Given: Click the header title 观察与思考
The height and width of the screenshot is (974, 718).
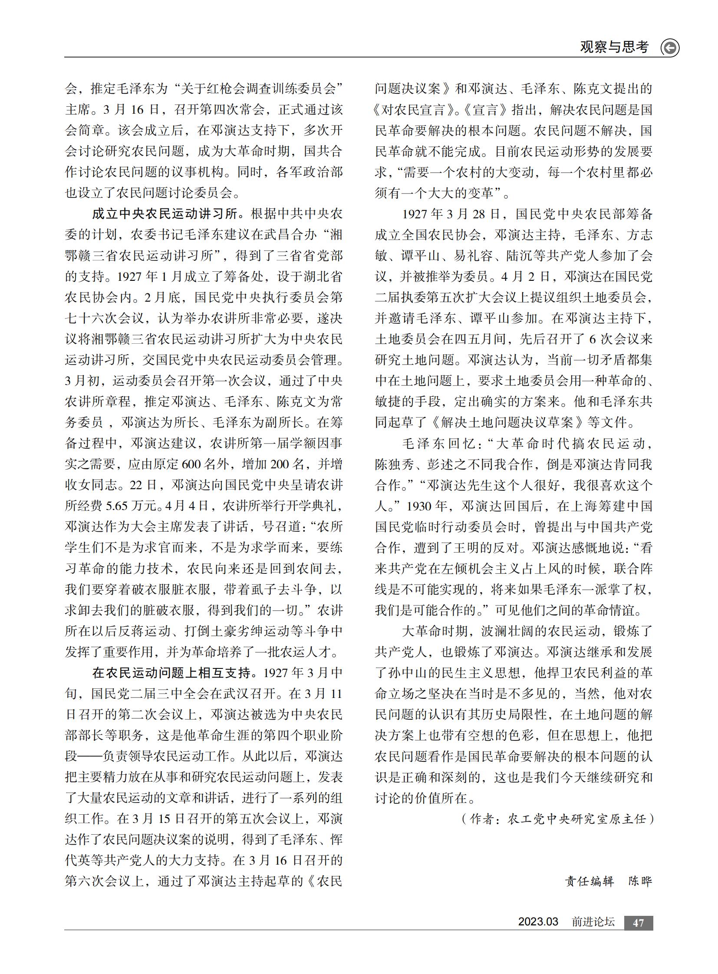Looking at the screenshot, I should (614, 47).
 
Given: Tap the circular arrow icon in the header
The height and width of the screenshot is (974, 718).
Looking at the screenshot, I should (670, 48).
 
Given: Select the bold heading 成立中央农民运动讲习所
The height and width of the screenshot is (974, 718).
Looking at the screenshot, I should (165, 214).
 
